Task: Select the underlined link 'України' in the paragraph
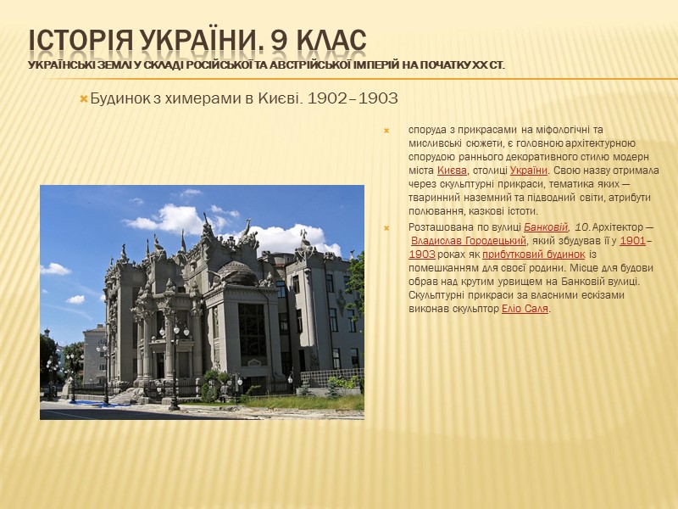pos(529,171)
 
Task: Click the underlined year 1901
pos(633,241)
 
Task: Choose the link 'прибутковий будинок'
pos(534,255)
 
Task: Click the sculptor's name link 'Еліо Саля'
pos(525,309)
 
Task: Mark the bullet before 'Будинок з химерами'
pos(83,100)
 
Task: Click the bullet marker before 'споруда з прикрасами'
pos(386,131)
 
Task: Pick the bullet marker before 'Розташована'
pos(386,227)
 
